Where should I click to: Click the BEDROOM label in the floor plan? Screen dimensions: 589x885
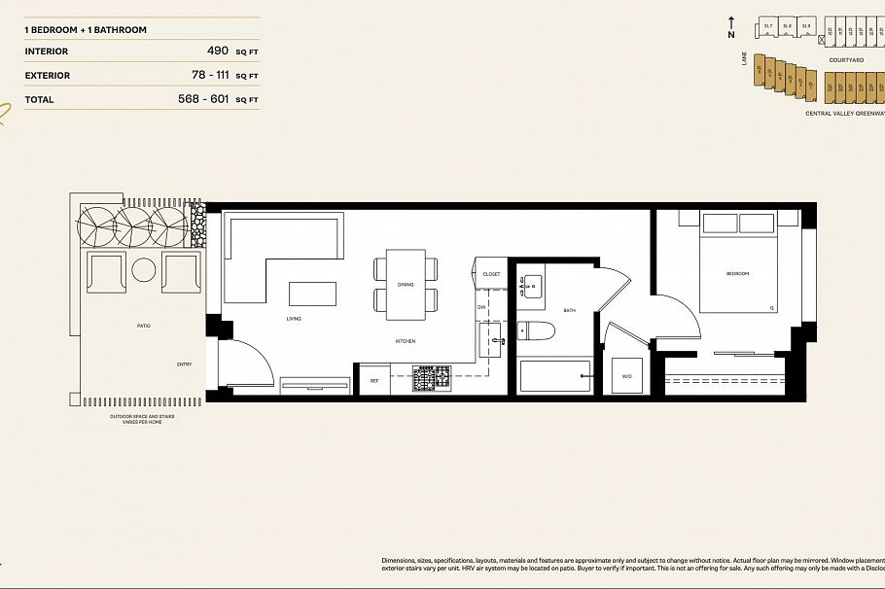(x=737, y=274)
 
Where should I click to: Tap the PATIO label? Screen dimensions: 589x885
(x=144, y=326)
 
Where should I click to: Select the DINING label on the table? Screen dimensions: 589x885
(x=406, y=285)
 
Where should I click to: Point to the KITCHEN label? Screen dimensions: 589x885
(x=406, y=341)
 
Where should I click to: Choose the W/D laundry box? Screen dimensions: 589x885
(x=625, y=376)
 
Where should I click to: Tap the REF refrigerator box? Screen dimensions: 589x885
(x=373, y=380)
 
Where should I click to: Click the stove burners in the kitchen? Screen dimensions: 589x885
(x=432, y=378)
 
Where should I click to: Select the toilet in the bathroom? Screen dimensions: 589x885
(x=535, y=330)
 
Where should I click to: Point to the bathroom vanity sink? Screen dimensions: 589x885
(x=533, y=285)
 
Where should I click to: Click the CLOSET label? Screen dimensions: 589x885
(x=491, y=274)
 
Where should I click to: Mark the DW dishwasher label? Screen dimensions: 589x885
(x=481, y=307)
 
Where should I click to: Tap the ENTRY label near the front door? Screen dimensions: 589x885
(x=184, y=364)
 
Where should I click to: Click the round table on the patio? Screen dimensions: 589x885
(x=145, y=270)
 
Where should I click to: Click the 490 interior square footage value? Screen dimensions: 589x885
(x=217, y=51)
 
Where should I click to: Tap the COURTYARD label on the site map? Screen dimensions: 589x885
(x=846, y=60)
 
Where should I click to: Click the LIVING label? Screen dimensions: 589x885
(x=293, y=319)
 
